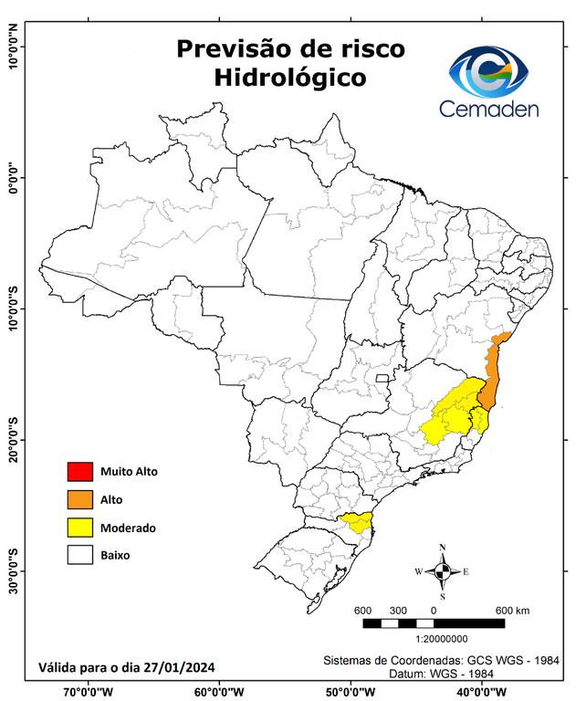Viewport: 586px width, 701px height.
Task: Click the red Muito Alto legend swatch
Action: point(80,472)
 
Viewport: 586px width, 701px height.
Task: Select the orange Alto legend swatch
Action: point(80,499)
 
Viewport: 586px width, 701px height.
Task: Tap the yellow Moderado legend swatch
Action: point(80,528)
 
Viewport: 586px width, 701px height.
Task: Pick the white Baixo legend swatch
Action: point(80,555)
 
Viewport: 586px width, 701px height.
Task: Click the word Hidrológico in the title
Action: point(290,78)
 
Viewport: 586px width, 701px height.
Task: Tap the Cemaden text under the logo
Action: point(489,109)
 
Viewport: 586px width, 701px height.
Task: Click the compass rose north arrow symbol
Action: point(443,571)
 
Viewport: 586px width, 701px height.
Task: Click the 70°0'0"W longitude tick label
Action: point(89,691)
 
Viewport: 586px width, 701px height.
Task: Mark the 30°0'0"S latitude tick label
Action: point(13,570)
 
